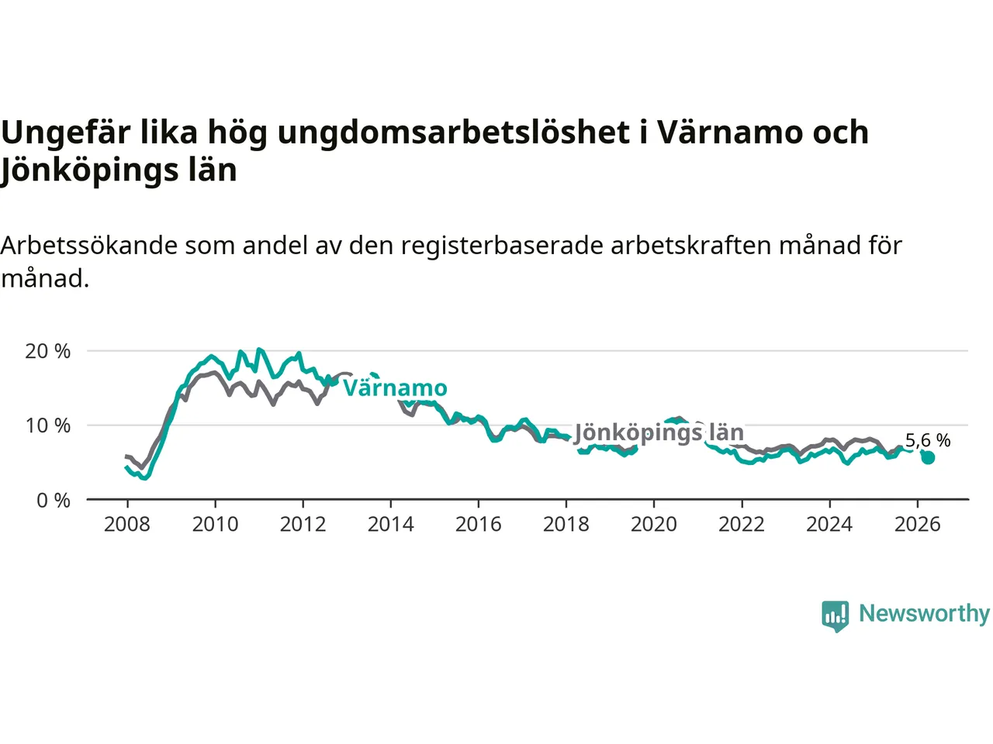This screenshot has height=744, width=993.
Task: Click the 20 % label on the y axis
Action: tap(47, 351)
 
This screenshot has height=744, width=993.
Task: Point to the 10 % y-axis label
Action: tap(47, 426)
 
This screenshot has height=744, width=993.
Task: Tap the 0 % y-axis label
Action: tap(53, 501)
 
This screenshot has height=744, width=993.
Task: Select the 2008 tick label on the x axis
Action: tap(127, 525)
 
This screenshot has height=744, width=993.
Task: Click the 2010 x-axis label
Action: tap(215, 525)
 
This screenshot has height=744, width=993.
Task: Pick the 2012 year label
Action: tap(303, 525)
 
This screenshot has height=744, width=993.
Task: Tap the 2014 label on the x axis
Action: tap(390, 525)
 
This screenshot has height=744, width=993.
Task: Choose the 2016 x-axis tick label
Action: tap(478, 525)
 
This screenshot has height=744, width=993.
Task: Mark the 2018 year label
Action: tap(566, 525)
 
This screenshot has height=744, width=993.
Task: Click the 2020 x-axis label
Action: tap(654, 525)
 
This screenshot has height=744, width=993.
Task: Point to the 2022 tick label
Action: tap(742, 525)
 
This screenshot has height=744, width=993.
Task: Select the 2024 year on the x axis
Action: tap(829, 525)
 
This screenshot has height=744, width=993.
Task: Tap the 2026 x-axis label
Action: tap(918, 525)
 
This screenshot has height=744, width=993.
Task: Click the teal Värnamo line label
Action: tap(395, 388)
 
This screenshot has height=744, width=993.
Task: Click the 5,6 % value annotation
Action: tap(928, 440)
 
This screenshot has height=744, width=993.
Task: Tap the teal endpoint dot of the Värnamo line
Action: tap(928, 458)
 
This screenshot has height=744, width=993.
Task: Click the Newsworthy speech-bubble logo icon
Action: tap(835, 616)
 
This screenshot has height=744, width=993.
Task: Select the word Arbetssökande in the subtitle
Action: tap(88, 246)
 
